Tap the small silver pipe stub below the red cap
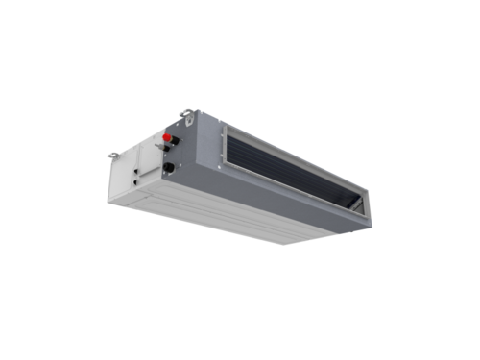point(168,151)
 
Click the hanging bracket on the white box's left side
point(113,154)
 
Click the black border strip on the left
point(29,180)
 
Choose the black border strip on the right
point(450,180)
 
